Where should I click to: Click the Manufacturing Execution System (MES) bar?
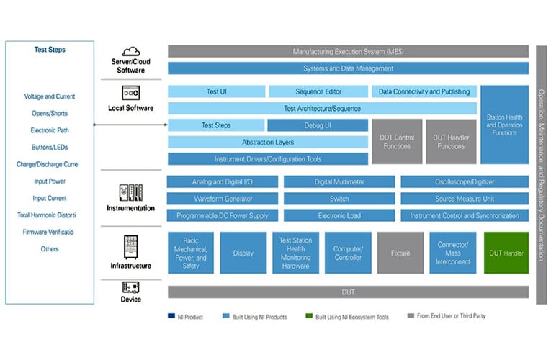click(x=348, y=52)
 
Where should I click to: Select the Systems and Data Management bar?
click(x=348, y=68)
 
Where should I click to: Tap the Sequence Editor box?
click(x=318, y=91)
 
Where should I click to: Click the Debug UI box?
click(x=318, y=125)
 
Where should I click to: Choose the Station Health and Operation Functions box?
click(x=504, y=125)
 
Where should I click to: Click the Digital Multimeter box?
click(x=339, y=182)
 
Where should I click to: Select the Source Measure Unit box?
click(x=464, y=199)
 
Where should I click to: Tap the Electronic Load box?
click(x=339, y=215)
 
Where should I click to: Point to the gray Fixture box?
click(x=400, y=253)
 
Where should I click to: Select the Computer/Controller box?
click(x=348, y=253)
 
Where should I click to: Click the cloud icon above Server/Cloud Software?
click(x=130, y=51)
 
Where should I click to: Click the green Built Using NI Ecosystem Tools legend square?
click(x=309, y=315)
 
